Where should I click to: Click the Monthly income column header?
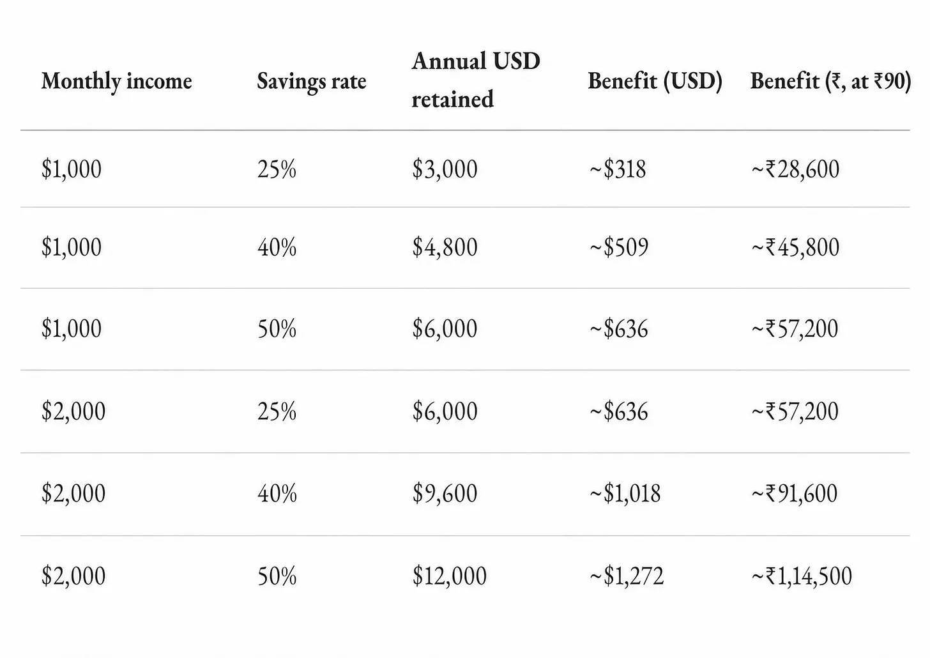point(117,81)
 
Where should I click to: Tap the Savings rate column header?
point(312,81)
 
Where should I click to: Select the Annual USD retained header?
point(476,80)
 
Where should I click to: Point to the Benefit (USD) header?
point(655,81)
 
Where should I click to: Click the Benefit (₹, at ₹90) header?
point(830,81)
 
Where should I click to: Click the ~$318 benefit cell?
point(618,169)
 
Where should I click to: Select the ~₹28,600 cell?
point(795,169)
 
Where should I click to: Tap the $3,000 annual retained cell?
point(445,169)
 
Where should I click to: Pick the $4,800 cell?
point(445,247)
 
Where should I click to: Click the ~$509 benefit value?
point(618,247)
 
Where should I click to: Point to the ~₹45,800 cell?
point(795,247)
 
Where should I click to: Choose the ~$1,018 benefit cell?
point(625,493)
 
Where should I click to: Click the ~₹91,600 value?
point(794,493)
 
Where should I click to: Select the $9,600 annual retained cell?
point(445,493)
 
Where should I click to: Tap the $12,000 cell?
point(449,576)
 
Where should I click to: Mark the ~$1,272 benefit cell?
point(627,576)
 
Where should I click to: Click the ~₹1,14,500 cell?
point(802,576)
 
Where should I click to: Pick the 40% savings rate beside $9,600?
point(277,493)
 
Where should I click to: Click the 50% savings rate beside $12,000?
point(277,576)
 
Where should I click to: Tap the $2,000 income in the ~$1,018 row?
point(73,493)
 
